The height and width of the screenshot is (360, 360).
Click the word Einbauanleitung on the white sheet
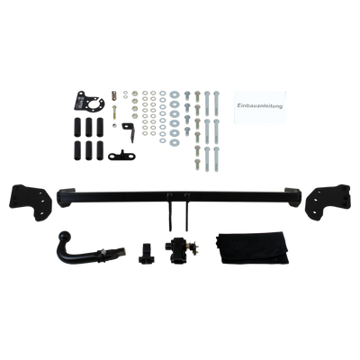click(x=259, y=106)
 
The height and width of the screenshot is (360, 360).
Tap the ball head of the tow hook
click(x=65, y=236)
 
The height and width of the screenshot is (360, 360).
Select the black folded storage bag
click(x=252, y=247)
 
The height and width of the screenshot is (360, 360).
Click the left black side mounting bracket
click(x=31, y=202)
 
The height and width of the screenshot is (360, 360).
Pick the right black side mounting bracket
click(x=328, y=202)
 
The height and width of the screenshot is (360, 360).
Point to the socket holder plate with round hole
click(x=89, y=101)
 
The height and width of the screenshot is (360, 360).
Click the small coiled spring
click(x=113, y=94)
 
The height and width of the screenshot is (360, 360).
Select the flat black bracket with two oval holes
click(x=121, y=156)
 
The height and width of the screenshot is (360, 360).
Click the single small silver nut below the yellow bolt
click(x=113, y=125)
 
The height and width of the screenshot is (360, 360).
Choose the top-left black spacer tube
click(x=77, y=127)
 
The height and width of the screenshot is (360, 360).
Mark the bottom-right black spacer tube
click(x=100, y=150)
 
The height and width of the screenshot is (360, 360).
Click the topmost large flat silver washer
click(x=175, y=95)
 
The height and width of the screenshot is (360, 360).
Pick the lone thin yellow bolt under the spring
click(x=114, y=112)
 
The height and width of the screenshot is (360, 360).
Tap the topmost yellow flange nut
click(x=134, y=94)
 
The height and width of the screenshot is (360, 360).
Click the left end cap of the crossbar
click(x=65, y=197)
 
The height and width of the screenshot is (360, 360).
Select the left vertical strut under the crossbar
click(x=170, y=211)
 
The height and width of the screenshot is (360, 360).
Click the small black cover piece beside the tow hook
click(x=146, y=253)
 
